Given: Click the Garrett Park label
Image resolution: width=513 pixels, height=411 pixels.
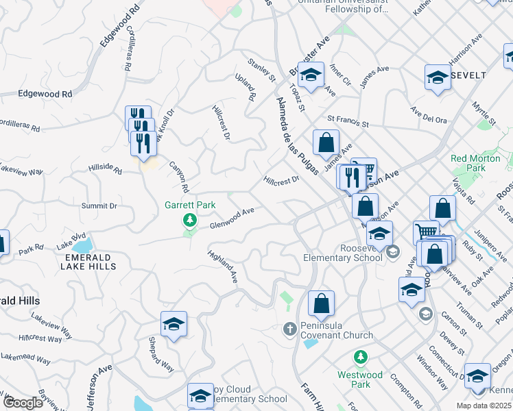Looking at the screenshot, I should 190,205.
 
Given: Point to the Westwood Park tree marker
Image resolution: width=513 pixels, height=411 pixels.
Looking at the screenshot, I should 360,357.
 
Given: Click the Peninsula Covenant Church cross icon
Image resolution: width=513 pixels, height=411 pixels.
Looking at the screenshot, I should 289,329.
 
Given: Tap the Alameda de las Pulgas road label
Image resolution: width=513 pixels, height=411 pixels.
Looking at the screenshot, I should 298,136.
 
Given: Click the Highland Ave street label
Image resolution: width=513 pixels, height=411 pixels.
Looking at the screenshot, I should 224,266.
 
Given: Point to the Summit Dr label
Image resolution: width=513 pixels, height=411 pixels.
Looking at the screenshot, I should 99,206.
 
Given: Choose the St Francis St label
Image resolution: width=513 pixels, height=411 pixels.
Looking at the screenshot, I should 348,121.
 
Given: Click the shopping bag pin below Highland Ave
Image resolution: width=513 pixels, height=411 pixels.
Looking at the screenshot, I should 321,303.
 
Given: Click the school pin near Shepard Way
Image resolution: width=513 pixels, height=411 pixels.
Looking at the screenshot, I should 174,323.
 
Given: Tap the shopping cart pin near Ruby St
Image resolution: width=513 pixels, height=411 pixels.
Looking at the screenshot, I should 426,233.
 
